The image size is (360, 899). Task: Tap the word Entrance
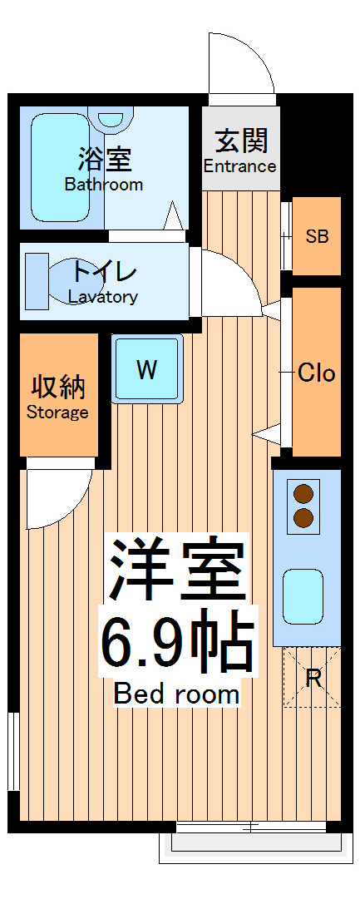[x=239, y=165]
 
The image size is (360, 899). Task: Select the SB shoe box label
[x=317, y=236]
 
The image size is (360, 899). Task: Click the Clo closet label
[x=316, y=373]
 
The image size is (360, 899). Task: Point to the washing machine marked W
[x=147, y=369]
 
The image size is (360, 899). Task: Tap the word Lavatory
[x=103, y=297]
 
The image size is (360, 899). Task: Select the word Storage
[x=57, y=412]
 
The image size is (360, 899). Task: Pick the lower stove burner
[x=303, y=519]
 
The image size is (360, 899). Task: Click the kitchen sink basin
[x=303, y=595]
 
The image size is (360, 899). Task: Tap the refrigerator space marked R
[x=313, y=678]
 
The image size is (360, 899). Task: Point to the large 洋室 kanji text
[x=177, y=571]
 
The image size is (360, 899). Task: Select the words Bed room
[x=176, y=693]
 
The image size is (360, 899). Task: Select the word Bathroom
[x=104, y=185]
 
